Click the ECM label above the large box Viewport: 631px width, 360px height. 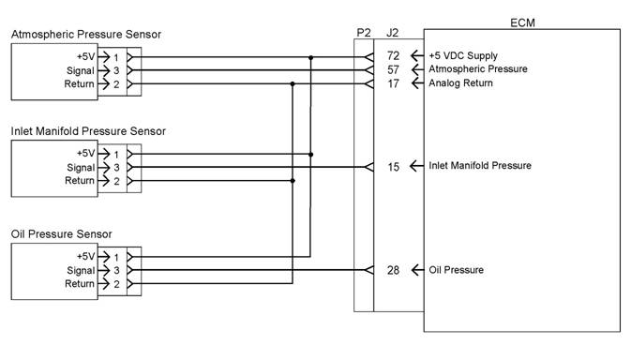coord(522,22)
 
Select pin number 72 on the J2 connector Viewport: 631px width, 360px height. coord(393,55)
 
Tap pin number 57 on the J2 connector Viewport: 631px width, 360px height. coord(393,69)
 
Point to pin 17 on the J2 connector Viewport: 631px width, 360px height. coord(393,83)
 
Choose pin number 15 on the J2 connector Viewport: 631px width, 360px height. coord(393,167)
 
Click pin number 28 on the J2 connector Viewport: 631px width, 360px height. coord(393,270)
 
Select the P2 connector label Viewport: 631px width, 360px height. coord(364,33)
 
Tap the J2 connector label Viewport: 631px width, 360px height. coord(392,33)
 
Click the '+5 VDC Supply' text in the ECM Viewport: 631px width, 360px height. coord(463,56)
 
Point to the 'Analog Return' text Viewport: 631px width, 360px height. coord(460,82)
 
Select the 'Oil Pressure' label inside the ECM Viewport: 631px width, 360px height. coord(457,270)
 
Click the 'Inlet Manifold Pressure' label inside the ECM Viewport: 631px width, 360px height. coord(480,165)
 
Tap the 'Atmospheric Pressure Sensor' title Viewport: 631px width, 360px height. coord(86,35)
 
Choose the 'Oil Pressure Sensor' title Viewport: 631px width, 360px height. coord(62,234)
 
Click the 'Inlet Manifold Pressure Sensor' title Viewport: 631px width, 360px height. coord(88,131)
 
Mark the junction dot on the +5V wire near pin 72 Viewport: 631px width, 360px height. coord(310,58)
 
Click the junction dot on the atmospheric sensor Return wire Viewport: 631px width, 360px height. coord(293,84)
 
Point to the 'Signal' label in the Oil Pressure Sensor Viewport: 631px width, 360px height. coord(81,271)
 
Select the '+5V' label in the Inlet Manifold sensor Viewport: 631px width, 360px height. coord(85,153)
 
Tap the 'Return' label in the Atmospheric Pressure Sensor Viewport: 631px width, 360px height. coord(80,84)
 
